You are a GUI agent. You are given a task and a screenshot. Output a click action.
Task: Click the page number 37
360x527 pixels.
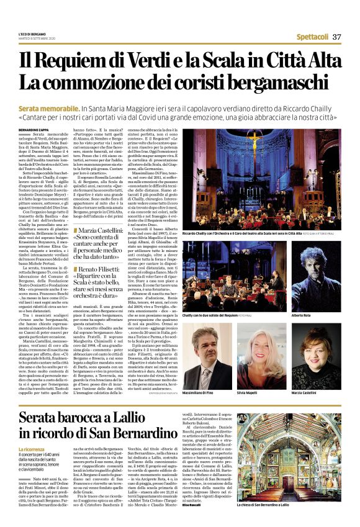click(337, 37)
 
